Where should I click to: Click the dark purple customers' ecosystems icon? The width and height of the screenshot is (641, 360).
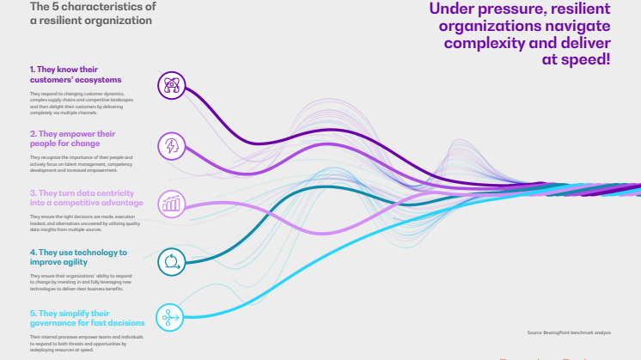click(x=172, y=84)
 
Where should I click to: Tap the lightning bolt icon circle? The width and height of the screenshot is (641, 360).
click(x=172, y=144)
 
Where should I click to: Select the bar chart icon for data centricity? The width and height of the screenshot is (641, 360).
click(x=172, y=204)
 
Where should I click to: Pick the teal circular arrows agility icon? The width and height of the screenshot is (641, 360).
click(x=172, y=261)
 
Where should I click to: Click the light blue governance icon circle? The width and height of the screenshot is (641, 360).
click(x=172, y=318)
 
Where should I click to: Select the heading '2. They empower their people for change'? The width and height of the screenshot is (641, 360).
click(x=72, y=138)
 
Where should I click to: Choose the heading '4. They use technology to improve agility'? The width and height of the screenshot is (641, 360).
click(x=77, y=257)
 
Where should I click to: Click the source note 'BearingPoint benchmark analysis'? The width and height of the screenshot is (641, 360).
click(x=571, y=332)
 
